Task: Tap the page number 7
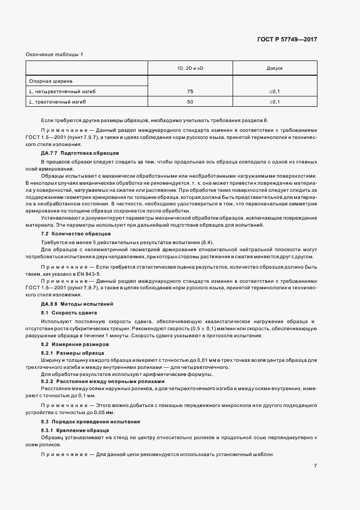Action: coord(315,465)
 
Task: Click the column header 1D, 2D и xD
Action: coord(190,69)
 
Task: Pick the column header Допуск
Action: coord(274,69)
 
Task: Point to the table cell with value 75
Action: coord(190,91)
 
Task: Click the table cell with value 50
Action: coord(190,102)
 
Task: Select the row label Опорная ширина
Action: coord(50,81)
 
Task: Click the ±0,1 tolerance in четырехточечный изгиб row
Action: coord(274,91)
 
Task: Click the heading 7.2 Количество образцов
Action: coord(71,234)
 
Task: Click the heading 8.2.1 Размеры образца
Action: coord(69,353)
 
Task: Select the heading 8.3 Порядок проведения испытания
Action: coord(91,422)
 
